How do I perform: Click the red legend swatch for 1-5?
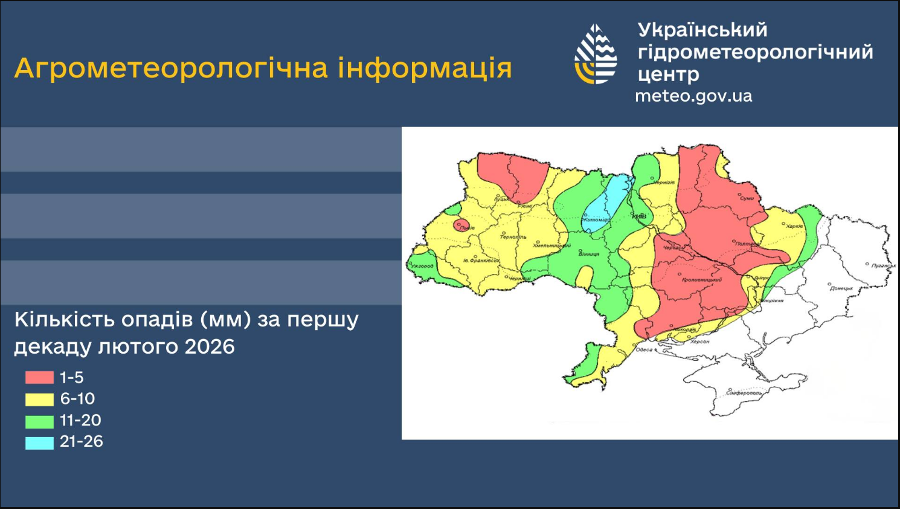pos(39,378)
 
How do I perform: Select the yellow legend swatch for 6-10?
pos(39,399)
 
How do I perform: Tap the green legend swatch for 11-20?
pos(39,421)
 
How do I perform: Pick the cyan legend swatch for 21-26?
pos(39,443)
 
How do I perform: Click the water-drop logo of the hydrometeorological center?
pos(596,54)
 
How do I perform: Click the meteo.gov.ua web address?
pos(693,96)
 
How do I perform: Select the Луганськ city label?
pos(883,265)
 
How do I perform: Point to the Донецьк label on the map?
pos(841,288)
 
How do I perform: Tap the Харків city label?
pos(794,227)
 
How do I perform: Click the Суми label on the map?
pos(747,198)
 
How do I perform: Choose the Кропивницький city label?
pos(701,280)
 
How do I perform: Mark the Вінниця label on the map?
pos(588,254)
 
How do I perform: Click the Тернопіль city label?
pos(513,237)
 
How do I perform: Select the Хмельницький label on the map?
pos(551,246)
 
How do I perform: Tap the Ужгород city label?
pos(422,266)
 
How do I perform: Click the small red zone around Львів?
pos(462,225)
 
